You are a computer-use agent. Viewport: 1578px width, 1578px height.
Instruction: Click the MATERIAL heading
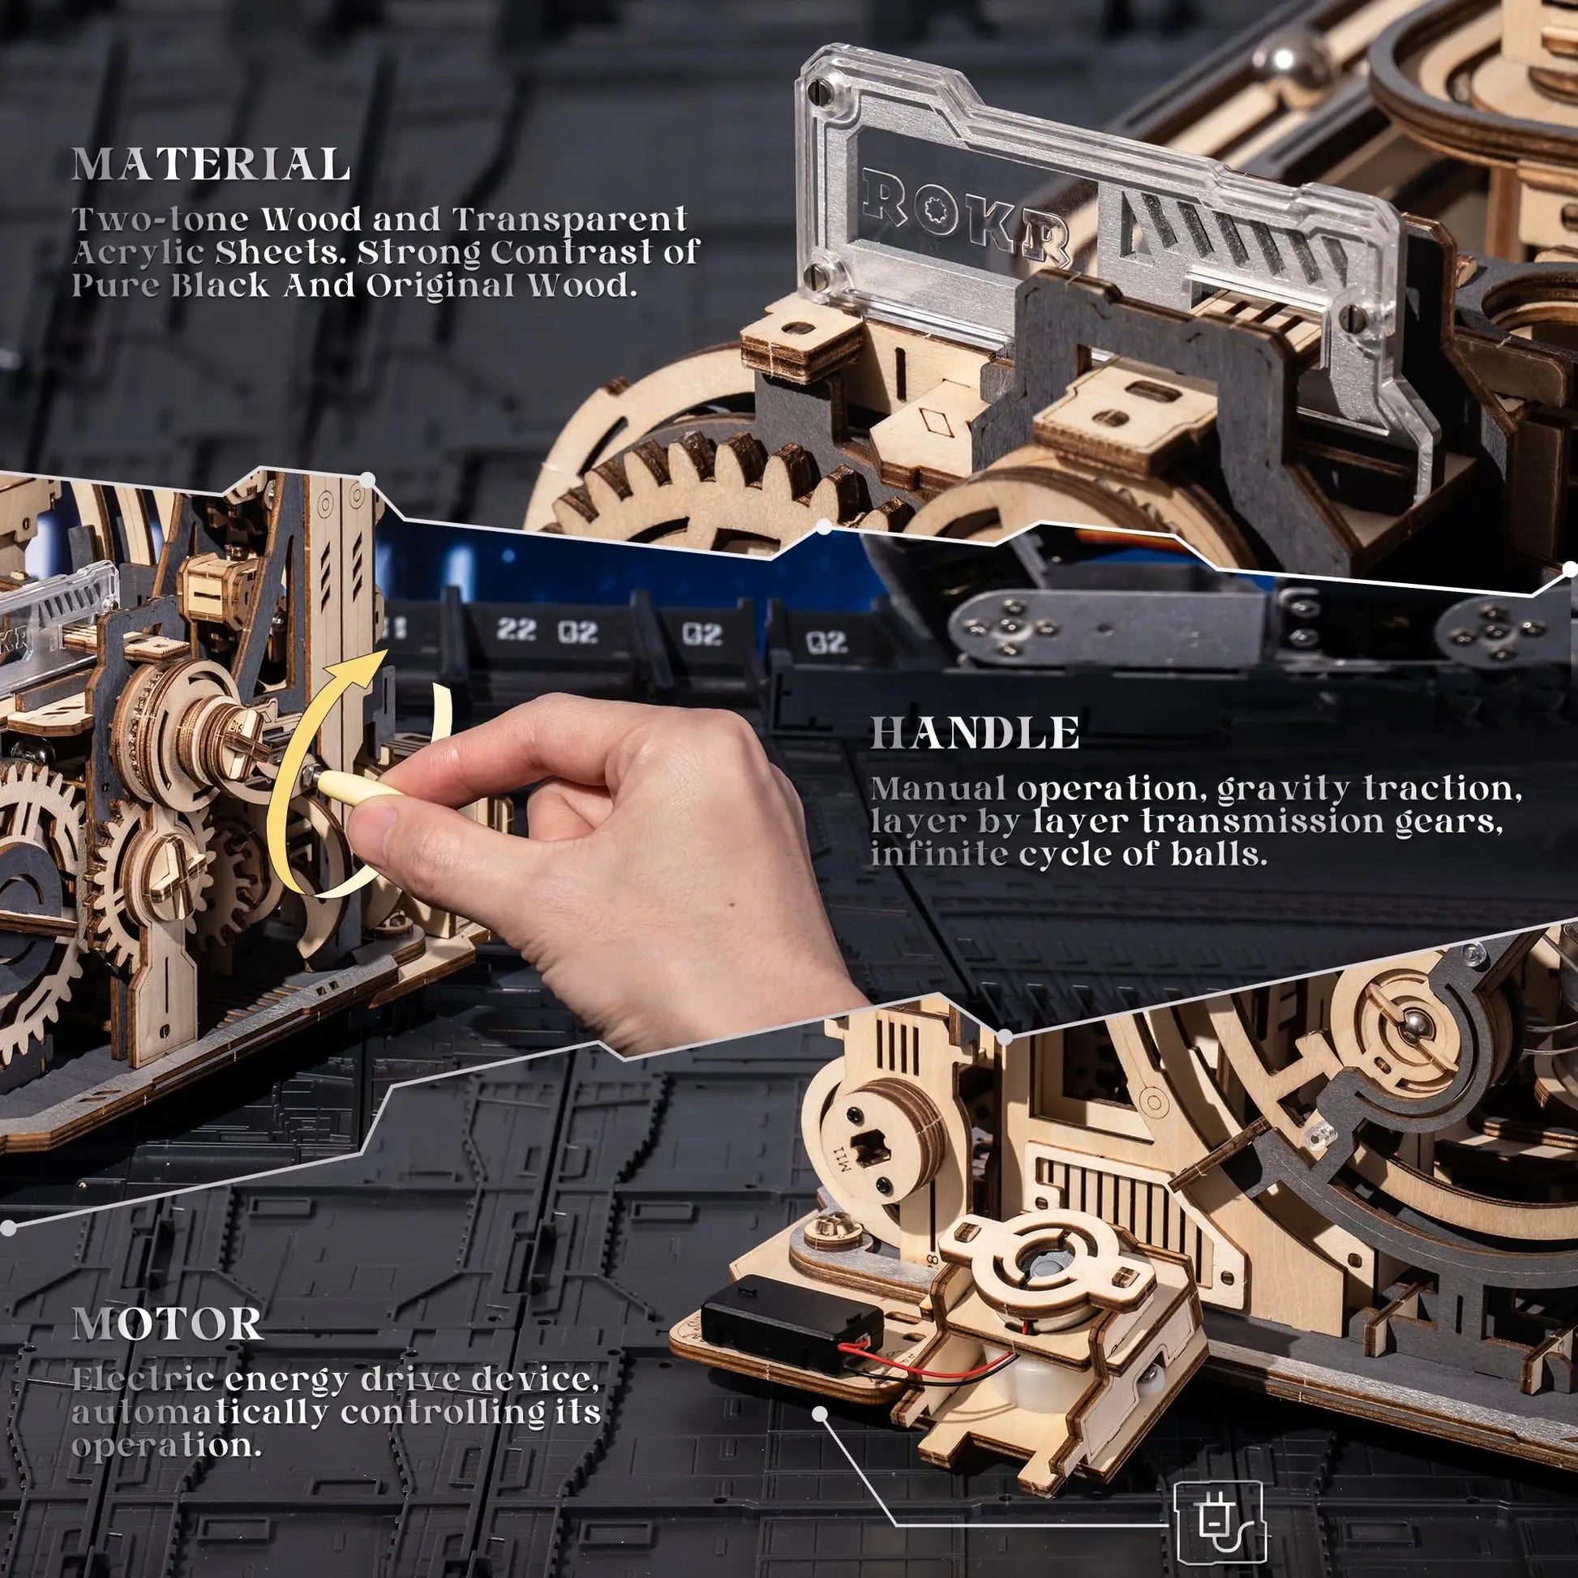click(x=211, y=165)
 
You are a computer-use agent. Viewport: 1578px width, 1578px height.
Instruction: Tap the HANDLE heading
click(x=974, y=733)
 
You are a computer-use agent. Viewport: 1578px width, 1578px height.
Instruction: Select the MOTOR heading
click(x=167, y=1324)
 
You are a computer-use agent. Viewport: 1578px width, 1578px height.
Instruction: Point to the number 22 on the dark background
click(x=517, y=630)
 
